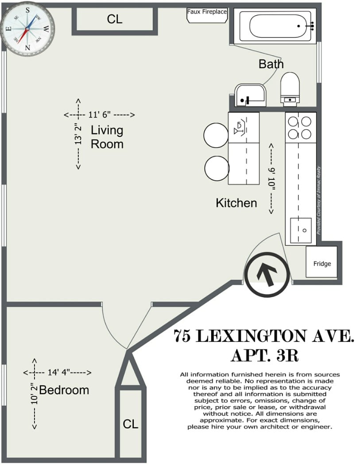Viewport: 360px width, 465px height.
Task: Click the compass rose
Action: (27, 28)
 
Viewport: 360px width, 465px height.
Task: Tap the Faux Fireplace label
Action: (207, 12)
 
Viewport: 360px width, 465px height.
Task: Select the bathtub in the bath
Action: (278, 26)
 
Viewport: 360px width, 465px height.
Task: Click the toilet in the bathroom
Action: (290, 88)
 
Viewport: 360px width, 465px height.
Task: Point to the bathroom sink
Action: (250, 95)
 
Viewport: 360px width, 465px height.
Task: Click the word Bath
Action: (271, 64)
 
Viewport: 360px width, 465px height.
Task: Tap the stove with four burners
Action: (301, 127)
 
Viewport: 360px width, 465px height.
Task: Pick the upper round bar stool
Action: (216, 135)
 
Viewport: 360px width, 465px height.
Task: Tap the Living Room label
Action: (107, 137)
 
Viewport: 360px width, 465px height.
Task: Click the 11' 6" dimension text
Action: (99, 115)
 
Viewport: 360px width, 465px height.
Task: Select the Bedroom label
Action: (64, 390)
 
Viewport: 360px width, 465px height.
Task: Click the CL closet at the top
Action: (115, 19)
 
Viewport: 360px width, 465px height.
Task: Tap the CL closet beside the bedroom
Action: (130, 424)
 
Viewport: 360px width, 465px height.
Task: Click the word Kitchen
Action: (236, 203)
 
